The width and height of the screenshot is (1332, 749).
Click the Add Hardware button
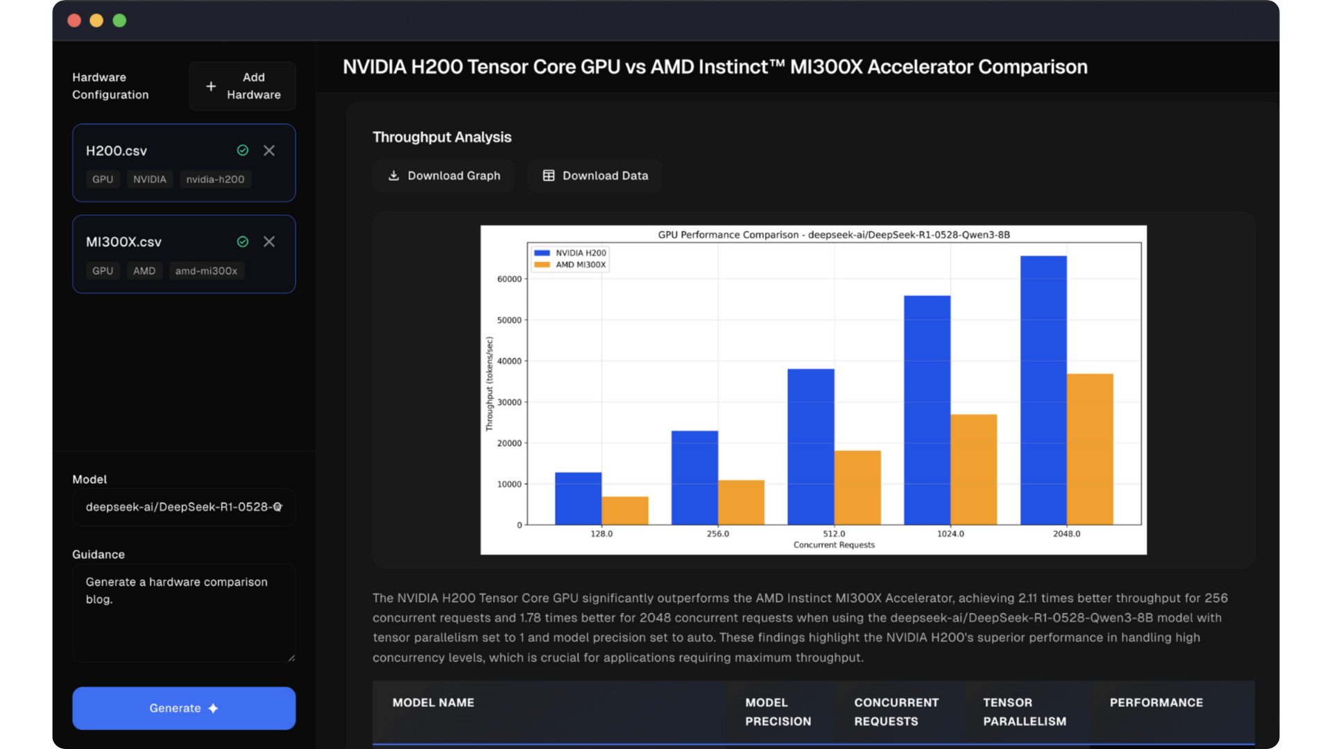(x=242, y=86)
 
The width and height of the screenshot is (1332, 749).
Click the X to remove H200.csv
(x=269, y=150)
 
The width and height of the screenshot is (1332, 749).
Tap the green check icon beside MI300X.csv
(x=243, y=242)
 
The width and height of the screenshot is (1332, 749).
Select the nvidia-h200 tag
(x=215, y=180)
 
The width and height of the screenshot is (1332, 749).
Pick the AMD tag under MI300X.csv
(x=144, y=271)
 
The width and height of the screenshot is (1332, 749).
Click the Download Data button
(x=595, y=176)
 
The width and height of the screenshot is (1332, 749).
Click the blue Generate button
(x=184, y=708)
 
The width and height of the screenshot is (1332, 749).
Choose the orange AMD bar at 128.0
(x=625, y=510)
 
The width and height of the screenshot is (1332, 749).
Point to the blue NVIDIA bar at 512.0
(x=810, y=447)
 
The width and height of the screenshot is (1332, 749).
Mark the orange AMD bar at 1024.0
(x=973, y=470)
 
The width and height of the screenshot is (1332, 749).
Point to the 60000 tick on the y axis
(x=509, y=279)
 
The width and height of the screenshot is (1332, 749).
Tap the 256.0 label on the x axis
(x=718, y=534)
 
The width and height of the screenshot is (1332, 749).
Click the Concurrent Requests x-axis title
(x=834, y=545)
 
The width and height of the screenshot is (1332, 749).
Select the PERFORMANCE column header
(x=1156, y=703)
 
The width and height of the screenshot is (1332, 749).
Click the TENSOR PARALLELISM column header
(x=1025, y=712)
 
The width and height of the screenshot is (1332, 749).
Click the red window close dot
(x=74, y=21)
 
